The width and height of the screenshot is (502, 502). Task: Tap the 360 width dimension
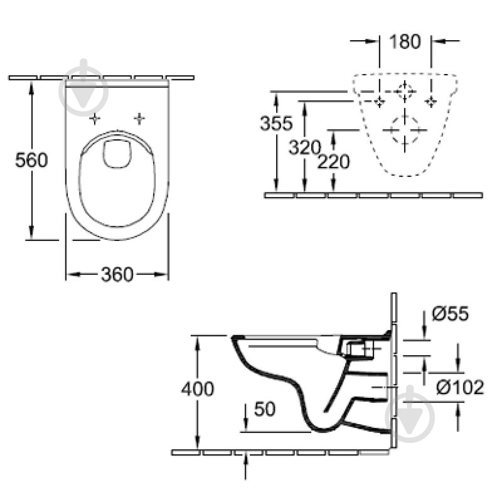[117, 275]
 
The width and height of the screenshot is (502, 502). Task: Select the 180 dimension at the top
[405, 41]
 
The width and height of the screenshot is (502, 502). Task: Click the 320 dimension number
[305, 147]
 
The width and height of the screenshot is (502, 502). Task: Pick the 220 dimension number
[333, 162]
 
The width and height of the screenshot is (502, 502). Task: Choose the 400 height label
[197, 389]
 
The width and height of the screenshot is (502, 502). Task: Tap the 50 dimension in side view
[265, 409]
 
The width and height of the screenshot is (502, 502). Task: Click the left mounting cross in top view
[95, 119]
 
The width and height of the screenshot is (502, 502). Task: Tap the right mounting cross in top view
[139, 119]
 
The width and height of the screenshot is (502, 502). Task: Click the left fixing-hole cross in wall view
[379, 101]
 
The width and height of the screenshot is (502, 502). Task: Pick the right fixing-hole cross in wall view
[431, 101]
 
